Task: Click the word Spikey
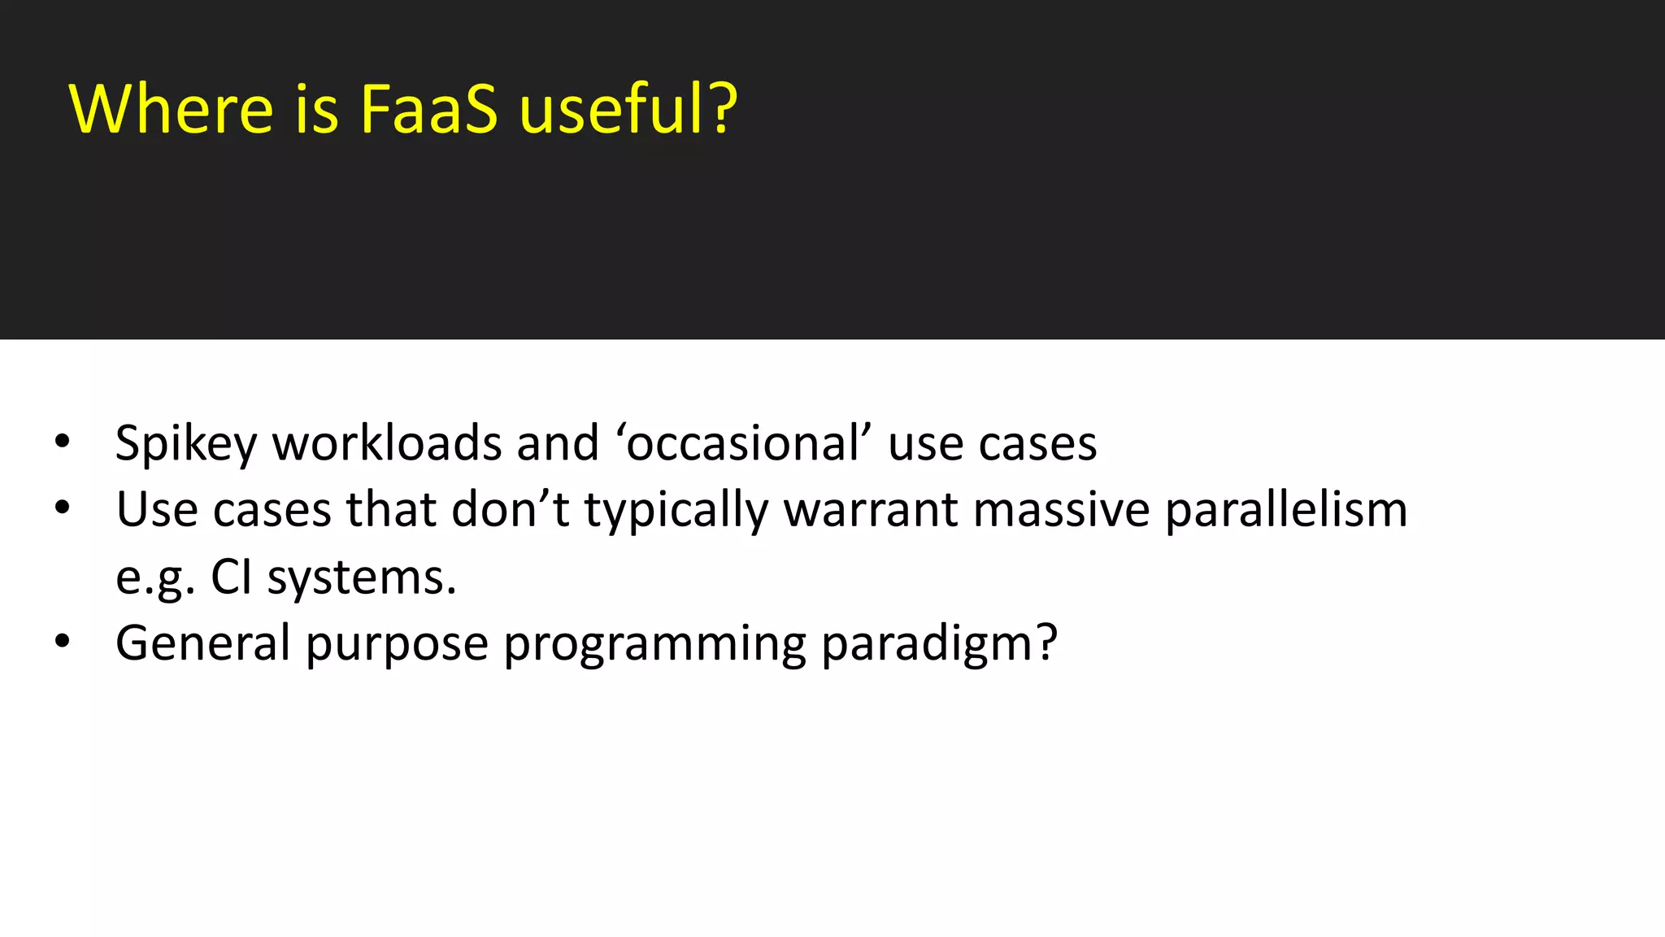[186, 444]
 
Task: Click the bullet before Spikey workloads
[63, 442]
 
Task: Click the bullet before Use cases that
[63, 508]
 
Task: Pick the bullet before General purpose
[63, 642]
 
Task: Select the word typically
[676, 512]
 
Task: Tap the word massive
[1061, 510]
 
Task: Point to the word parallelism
[1286, 512]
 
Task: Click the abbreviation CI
[231, 577]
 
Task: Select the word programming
[654, 645]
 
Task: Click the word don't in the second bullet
[510, 510]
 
